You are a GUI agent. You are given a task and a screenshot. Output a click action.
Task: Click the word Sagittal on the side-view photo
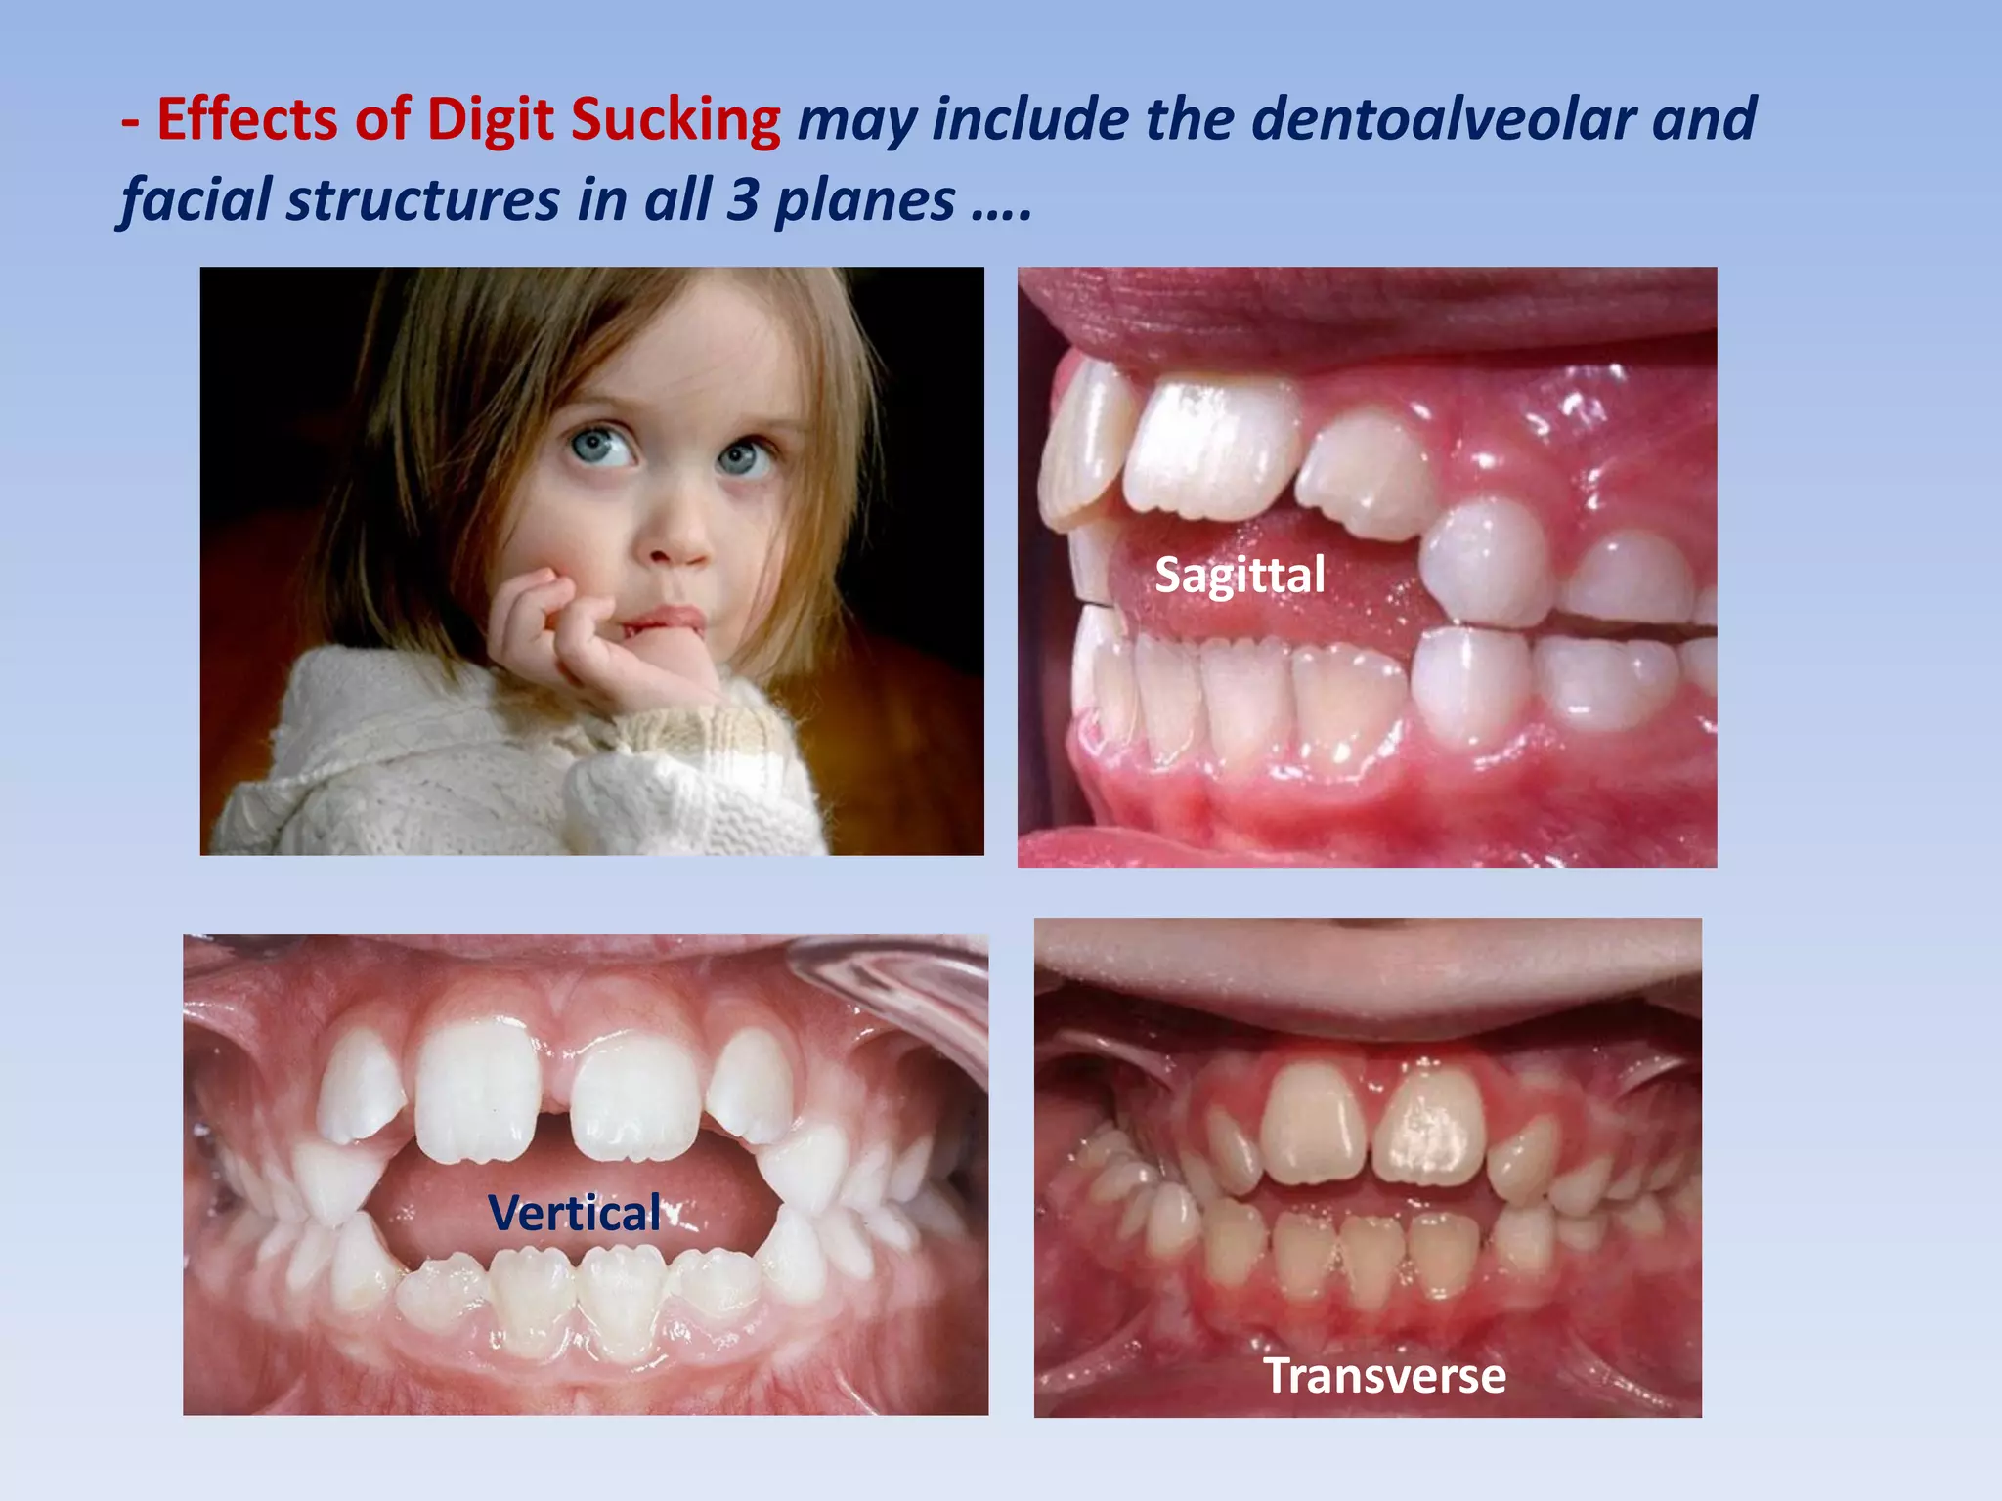tap(1240, 575)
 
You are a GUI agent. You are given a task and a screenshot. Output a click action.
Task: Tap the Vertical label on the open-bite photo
tap(575, 1214)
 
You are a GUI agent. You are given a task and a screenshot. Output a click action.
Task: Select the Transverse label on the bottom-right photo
tap(1384, 1376)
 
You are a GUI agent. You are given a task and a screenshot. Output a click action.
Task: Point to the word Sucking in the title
tap(675, 121)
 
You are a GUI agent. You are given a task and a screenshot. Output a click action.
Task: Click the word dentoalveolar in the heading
tap(1444, 119)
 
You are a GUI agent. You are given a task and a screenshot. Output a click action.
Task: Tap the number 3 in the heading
tap(742, 199)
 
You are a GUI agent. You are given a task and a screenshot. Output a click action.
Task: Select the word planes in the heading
tap(865, 201)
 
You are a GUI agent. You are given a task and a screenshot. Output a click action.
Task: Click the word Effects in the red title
tap(248, 119)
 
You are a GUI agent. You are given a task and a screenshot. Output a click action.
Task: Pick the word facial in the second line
tap(196, 199)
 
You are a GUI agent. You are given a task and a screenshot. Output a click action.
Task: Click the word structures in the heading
tap(423, 199)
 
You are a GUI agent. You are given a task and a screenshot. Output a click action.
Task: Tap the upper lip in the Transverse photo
tap(1369, 977)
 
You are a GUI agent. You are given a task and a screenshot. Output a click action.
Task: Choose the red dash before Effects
tap(130, 121)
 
